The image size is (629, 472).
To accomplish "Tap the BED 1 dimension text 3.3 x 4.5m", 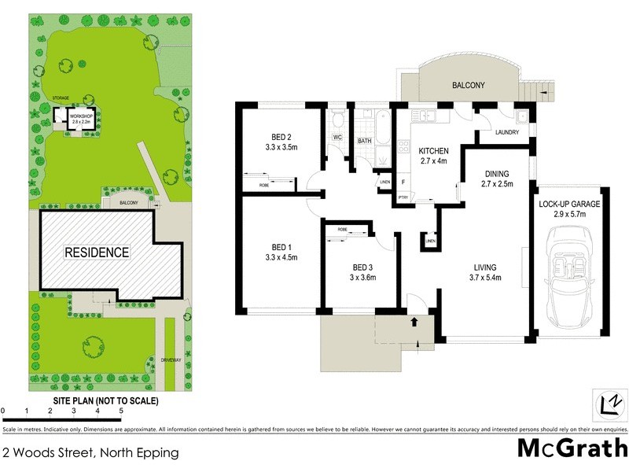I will (281, 257).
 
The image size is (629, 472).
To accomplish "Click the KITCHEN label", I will (432, 150).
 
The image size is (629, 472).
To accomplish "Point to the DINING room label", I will (496, 174).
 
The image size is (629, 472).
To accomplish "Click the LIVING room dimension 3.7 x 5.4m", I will (486, 278).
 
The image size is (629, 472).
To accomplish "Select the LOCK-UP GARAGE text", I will (569, 204).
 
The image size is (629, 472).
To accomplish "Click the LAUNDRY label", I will (507, 132).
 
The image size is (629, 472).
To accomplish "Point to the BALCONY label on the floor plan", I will (467, 85).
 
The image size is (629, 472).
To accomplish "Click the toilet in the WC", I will (337, 120).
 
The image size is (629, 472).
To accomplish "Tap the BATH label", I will (364, 142).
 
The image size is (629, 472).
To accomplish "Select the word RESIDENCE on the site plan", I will (96, 253).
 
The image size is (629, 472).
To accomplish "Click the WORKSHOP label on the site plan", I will (82, 116).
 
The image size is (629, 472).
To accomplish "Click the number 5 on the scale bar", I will (121, 411).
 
